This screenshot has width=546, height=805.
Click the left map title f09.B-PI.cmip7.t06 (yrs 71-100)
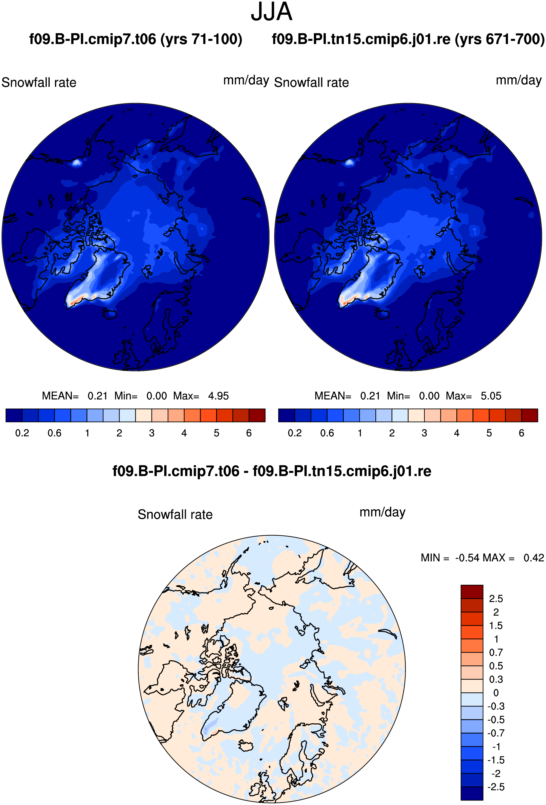tap(136, 39)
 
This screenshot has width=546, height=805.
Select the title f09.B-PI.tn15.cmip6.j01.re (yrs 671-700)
tap(408, 39)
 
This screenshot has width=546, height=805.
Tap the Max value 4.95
tap(218, 396)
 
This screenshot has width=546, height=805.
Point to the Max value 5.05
tap(491, 396)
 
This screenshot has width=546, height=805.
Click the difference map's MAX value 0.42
tap(533, 558)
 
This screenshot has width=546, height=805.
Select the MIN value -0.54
tap(467, 558)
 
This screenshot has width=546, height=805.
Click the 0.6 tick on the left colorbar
tap(55, 433)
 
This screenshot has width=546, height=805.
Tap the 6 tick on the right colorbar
tap(521, 433)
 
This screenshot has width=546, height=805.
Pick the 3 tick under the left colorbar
tap(152, 433)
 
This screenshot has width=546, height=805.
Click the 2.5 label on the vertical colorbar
tap(496, 598)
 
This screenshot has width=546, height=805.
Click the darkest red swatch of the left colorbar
tap(257, 415)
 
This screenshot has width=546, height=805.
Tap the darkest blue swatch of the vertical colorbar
tap(472, 794)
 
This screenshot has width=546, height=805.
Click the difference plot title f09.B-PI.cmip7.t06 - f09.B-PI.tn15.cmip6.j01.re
tap(272, 471)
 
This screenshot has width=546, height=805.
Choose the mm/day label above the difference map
tap(383, 512)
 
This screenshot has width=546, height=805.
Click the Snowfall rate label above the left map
tap(39, 83)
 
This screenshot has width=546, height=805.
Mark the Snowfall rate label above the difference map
tap(175, 514)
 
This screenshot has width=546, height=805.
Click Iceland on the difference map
tap(246, 746)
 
